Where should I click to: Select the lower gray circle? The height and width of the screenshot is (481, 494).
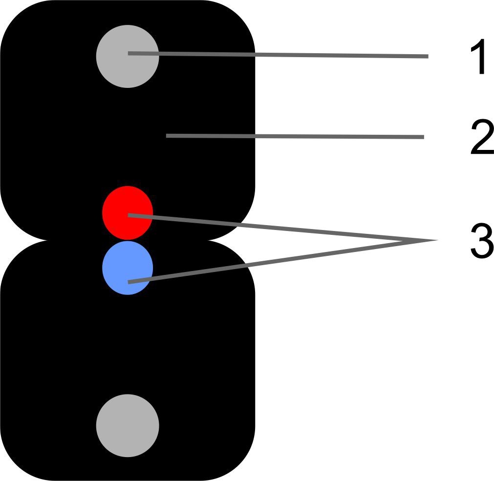pyautogui.click(x=128, y=425)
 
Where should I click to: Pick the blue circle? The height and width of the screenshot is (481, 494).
pyautogui.click(x=128, y=268)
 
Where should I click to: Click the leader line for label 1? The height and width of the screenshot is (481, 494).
pyautogui.click(x=293, y=55)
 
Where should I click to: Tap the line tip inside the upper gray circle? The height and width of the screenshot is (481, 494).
pyautogui.click(x=129, y=53)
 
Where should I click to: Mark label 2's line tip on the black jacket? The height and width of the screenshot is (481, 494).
pyautogui.click(x=167, y=136)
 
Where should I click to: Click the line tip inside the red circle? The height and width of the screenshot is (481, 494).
pyautogui.click(x=129, y=215)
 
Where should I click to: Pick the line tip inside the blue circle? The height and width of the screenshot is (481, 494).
pyautogui.click(x=129, y=282)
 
